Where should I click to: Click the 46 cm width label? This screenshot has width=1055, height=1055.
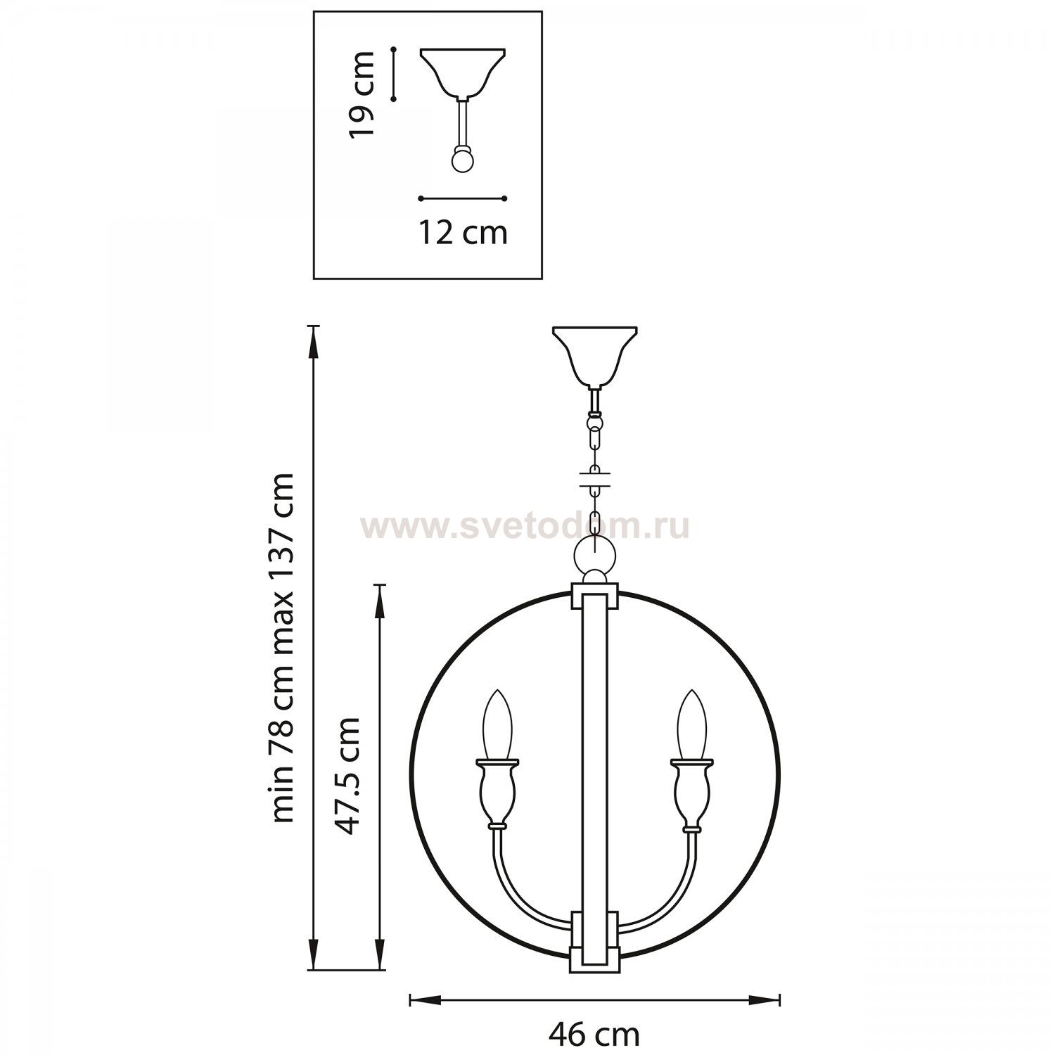tap(594, 1035)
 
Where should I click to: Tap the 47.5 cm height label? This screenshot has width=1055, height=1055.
tap(347, 776)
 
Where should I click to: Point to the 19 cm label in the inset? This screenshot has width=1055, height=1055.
tap(363, 94)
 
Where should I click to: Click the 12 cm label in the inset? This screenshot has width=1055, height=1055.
tap(463, 232)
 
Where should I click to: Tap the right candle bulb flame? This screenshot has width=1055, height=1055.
tap(691, 724)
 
